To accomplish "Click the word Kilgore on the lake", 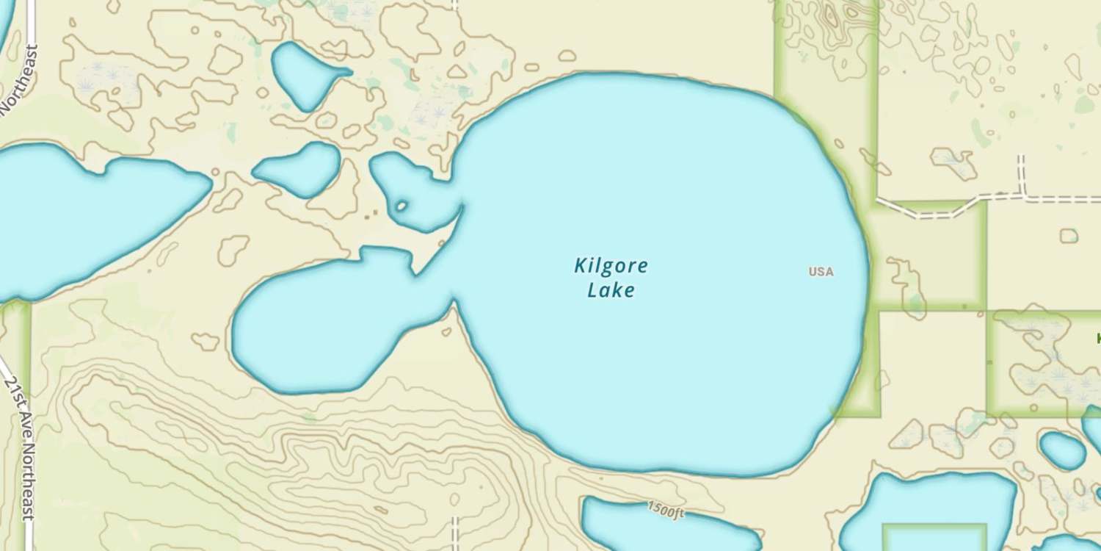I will click(x=611, y=265).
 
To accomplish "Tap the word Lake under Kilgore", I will click(x=611, y=290).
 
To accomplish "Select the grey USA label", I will click(x=821, y=272).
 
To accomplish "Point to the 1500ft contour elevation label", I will click(x=666, y=509).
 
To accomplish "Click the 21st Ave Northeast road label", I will click(x=20, y=448).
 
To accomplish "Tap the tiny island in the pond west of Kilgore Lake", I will click(x=401, y=206).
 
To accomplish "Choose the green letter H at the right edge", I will click(x=1097, y=339).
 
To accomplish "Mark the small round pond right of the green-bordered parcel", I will click(x=1062, y=450).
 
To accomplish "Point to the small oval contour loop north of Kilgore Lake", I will click(x=567, y=56).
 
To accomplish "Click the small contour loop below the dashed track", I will click(x=1069, y=236).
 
